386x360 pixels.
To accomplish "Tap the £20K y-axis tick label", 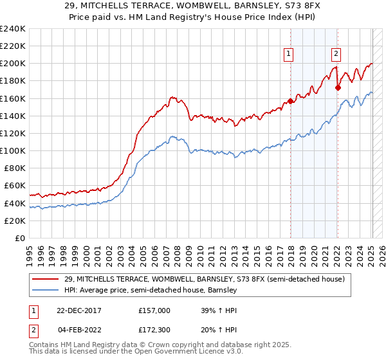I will coord(14,221).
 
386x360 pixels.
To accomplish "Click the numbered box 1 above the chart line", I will coord(289,55).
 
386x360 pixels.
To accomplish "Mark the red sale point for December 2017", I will coord(290,101).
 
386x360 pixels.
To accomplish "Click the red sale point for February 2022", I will coord(338,88).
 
